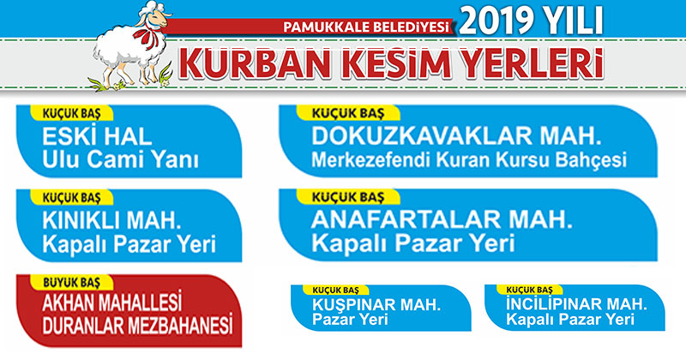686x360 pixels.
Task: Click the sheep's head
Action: [x=153, y=16]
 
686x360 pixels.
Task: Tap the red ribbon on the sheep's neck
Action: [x=146, y=36]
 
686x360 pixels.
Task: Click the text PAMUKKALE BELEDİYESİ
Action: [x=366, y=27]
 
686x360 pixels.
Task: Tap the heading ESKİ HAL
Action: [x=97, y=137]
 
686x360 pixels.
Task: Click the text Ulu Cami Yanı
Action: [x=120, y=159]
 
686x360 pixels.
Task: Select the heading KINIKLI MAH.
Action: [x=111, y=221]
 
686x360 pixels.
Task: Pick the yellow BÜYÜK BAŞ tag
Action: [x=71, y=283]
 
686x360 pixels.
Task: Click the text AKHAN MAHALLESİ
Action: [x=112, y=303]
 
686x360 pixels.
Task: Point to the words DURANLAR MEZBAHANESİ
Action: [x=137, y=325]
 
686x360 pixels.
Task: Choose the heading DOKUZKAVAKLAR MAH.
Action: [x=456, y=136]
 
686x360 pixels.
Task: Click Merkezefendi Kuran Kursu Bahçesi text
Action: [x=469, y=160]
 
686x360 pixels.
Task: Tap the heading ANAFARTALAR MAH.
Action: [x=442, y=220]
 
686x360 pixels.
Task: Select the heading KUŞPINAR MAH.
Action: [x=376, y=304]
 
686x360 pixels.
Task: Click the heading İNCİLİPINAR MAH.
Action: [x=576, y=303]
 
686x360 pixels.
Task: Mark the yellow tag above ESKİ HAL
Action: [x=71, y=113]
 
